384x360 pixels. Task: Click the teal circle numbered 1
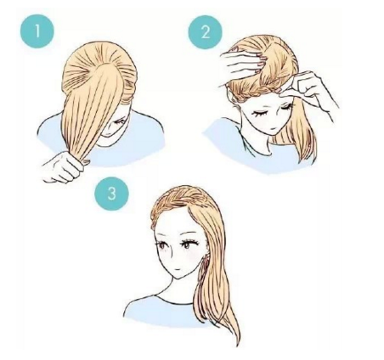coord(37,31)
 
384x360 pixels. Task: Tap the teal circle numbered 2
coord(206,32)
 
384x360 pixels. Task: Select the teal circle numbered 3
coord(111,194)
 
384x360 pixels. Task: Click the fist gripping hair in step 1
coord(64,167)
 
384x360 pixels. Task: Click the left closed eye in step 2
coord(258,114)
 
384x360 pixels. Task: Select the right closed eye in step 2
coord(285,107)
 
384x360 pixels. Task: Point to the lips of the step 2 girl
coord(273,129)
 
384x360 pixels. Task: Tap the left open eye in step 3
coord(163,245)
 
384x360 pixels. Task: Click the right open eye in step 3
coord(187,244)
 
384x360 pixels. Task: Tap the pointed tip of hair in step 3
coord(237,345)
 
